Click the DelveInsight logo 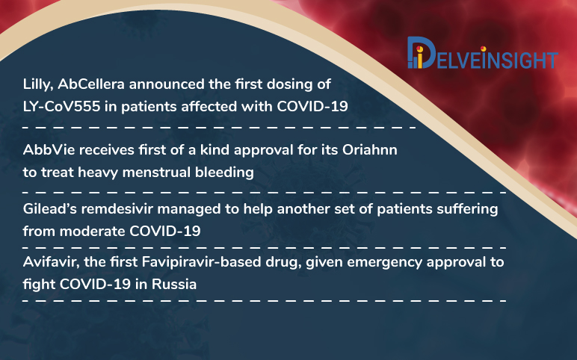(x=483, y=53)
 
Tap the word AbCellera (x=91, y=84)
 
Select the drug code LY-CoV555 (x=61, y=107)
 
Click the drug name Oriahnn (x=370, y=150)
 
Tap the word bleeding (x=224, y=173)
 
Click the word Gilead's (x=49, y=209)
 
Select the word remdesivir (x=117, y=209)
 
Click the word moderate (x=93, y=232)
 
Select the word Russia (x=174, y=285)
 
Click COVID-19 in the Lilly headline (x=312, y=107)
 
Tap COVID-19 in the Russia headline (x=95, y=285)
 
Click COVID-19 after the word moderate (x=165, y=232)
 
